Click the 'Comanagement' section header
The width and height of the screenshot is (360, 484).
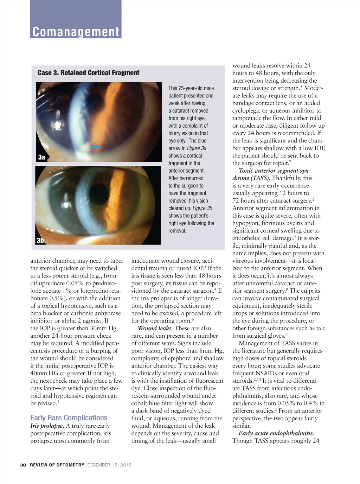click(x=76, y=32)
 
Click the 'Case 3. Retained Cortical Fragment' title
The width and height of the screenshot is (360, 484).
click(x=88, y=73)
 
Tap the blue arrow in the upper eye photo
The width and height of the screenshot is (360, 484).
click(x=95, y=147)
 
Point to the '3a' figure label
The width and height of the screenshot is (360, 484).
click(x=42, y=157)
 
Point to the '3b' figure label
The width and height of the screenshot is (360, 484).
click(x=40, y=241)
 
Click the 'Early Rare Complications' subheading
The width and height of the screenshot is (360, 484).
click(x=69, y=418)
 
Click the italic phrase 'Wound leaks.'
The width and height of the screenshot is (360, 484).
click(x=155, y=328)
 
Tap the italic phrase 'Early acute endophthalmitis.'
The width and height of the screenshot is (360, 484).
click(x=276, y=433)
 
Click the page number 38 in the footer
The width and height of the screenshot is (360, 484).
click(x=23, y=465)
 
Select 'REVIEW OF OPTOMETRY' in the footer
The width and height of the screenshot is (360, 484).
click(x=57, y=465)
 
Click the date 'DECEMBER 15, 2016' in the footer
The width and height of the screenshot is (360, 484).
click(x=109, y=465)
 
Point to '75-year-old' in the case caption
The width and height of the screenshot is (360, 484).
click(x=191, y=88)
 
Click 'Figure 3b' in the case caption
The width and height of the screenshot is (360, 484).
click(x=202, y=208)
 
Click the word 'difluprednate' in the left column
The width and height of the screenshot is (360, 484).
click(x=47, y=283)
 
